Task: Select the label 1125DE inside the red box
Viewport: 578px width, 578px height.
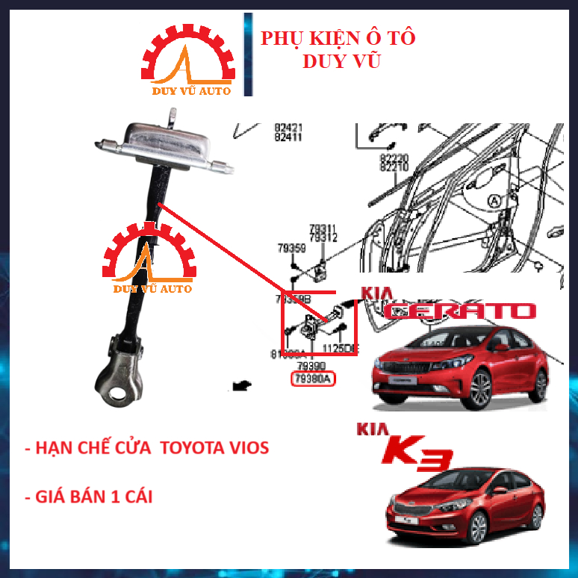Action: pos(340,348)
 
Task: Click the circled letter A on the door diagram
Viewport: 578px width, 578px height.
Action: pos(494,200)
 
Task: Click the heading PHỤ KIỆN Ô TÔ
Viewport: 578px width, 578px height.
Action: pos(338,38)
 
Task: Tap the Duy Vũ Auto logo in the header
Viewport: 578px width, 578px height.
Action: pos(187,64)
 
